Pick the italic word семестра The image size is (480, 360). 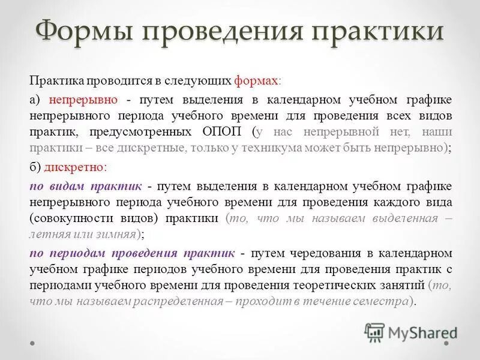tap(381, 302)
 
